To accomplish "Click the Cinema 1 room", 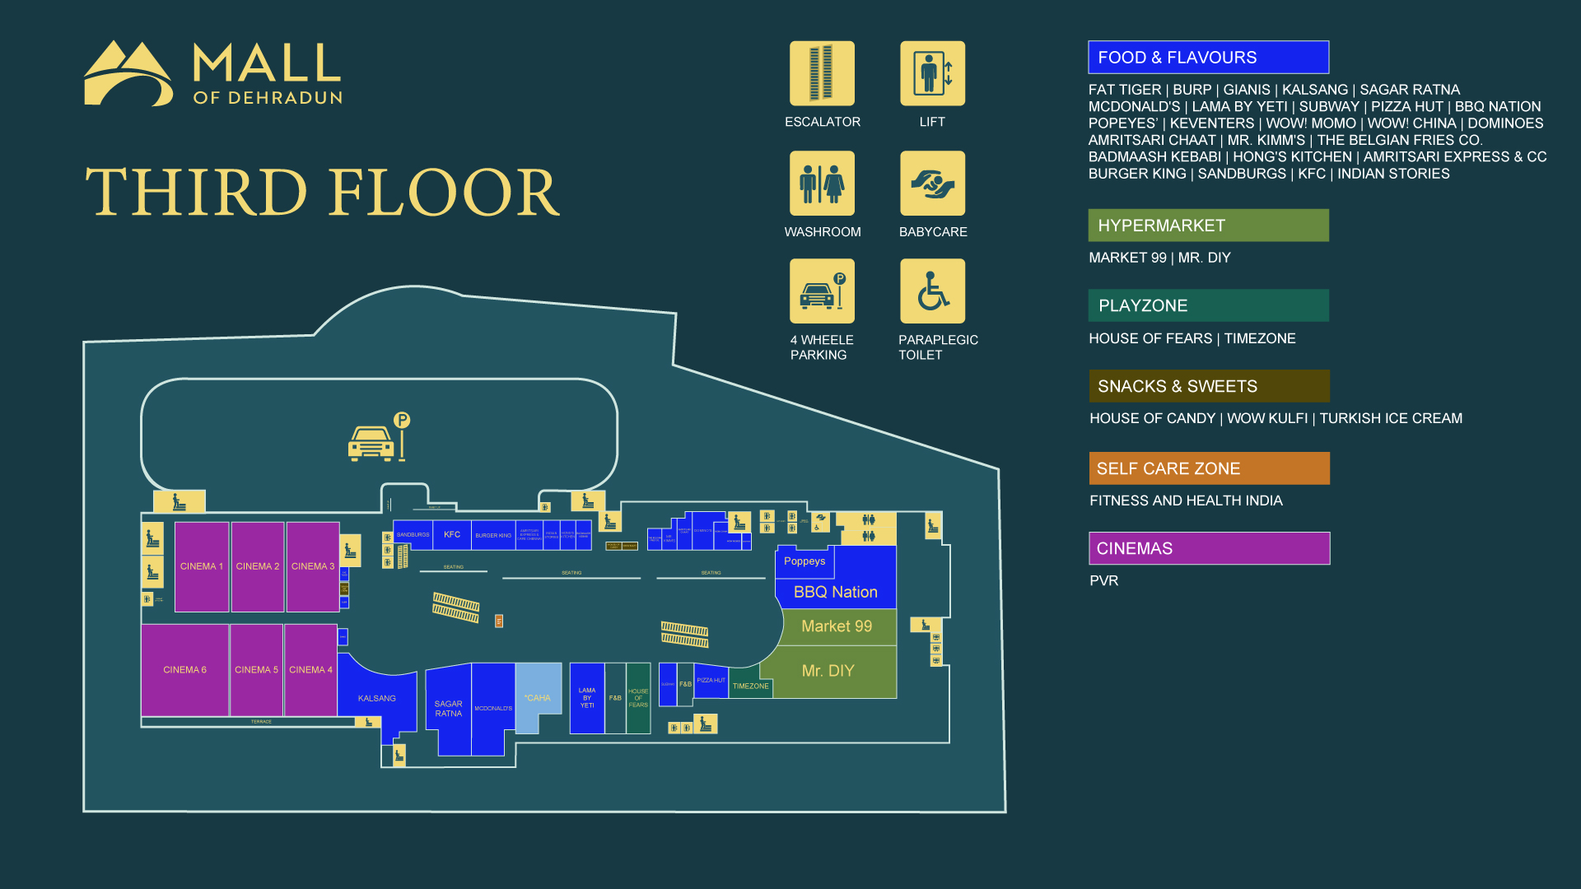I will (202, 566).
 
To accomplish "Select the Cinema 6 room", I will (184, 669).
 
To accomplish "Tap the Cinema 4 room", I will (310, 669).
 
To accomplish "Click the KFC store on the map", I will (452, 535).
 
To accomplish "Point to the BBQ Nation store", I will (835, 592).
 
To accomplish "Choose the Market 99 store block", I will (837, 626).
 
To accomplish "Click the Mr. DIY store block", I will (828, 671).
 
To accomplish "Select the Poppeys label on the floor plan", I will (804, 561).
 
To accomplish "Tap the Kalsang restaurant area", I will (376, 698).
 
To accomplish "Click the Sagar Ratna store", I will (449, 708).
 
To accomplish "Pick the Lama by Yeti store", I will (587, 698).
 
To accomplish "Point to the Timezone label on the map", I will (750, 686).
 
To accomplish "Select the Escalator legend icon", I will (822, 73).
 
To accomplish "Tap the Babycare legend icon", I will (932, 183).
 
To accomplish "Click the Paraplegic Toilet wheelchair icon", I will (932, 291).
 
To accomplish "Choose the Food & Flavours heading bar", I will (1208, 58).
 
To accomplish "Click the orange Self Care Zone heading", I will (1209, 468).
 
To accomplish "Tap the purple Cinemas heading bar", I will (1209, 548).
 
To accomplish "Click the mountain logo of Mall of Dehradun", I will (128, 74).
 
